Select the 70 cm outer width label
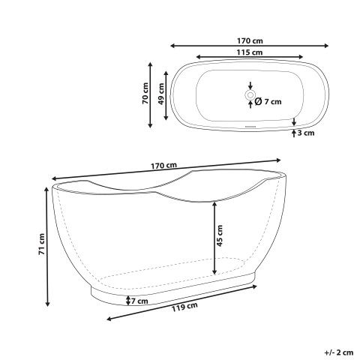point(146,94)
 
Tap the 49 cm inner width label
point(163,94)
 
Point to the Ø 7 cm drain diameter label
point(268,102)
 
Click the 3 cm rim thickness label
point(305,133)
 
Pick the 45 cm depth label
point(220,236)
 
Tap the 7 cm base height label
point(140,301)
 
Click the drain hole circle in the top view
point(250,95)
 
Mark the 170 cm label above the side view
point(163,165)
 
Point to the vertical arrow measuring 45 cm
point(215,238)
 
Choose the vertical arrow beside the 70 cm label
point(152,94)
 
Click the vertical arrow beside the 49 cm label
point(168,94)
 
